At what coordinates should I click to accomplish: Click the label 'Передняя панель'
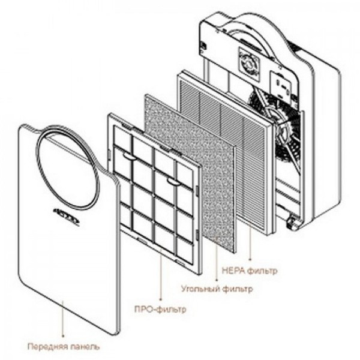[x=63, y=346]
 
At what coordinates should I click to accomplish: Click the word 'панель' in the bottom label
[x=85, y=346]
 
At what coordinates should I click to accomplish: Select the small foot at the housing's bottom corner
[x=293, y=225]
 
